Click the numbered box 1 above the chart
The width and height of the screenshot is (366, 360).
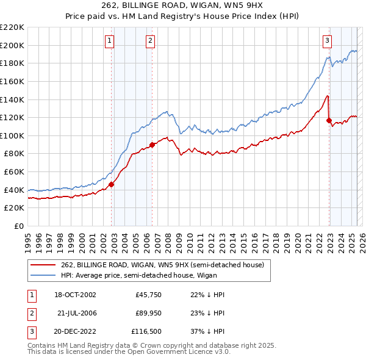(109, 41)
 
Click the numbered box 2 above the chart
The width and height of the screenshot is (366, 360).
(150, 41)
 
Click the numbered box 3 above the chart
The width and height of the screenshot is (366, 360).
(327, 41)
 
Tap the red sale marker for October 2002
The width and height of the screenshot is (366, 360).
(112, 184)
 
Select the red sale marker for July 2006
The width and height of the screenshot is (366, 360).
(152, 145)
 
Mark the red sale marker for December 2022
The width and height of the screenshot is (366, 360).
(329, 121)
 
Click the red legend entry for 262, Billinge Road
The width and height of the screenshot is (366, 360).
(162, 265)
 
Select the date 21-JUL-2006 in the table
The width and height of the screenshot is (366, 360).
(77, 313)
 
